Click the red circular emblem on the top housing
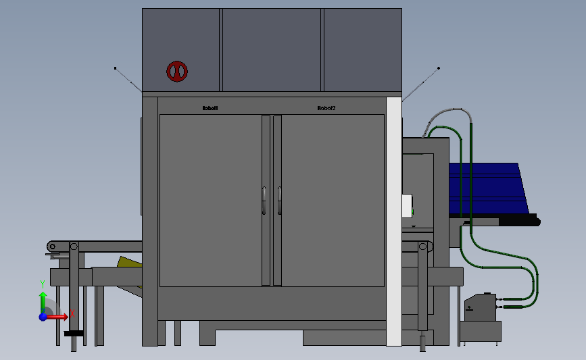pos(177,71)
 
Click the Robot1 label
pos(211,108)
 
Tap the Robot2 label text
pos(326,108)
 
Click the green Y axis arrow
pos(42,299)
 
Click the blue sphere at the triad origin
pos(43,316)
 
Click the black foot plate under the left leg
pos(74,333)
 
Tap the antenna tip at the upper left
pos(115,68)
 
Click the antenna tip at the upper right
pos(439,68)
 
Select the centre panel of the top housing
pos(272,49)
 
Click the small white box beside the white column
pos(407,205)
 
